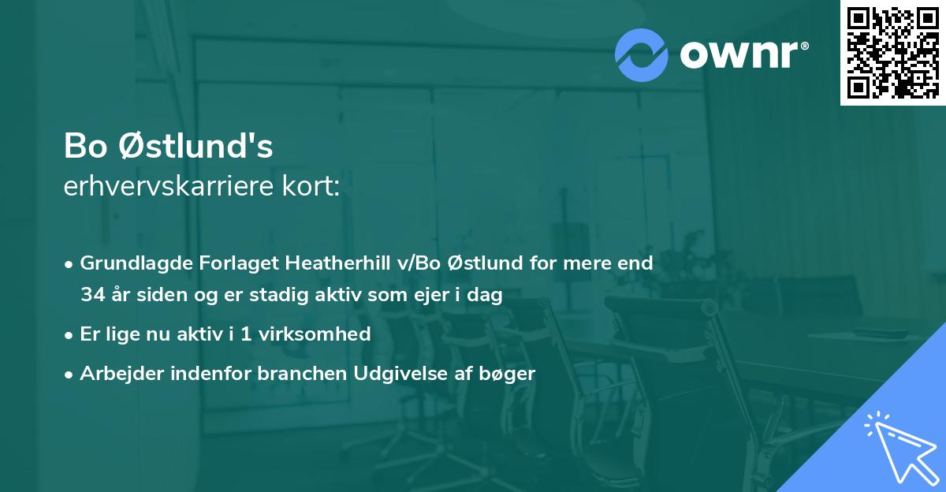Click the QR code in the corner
(x=892, y=52)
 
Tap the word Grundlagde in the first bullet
(x=131, y=263)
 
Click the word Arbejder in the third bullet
(x=115, y=374)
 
